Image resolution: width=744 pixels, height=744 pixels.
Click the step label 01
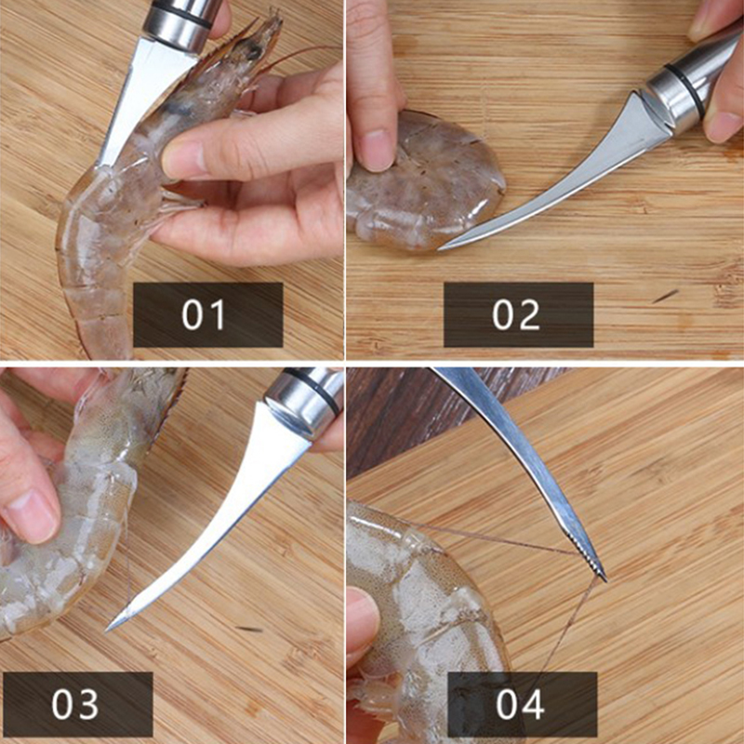203,315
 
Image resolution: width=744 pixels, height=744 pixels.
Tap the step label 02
516,315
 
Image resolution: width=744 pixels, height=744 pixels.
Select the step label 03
75,704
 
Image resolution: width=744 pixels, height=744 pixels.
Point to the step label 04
520,704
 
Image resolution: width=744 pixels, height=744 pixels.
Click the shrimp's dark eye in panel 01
253,50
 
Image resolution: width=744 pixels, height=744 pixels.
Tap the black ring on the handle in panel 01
181,13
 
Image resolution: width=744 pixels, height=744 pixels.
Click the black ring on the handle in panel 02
684,90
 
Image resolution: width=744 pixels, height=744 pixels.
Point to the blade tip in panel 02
440,248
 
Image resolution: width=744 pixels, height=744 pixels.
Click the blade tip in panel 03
107,630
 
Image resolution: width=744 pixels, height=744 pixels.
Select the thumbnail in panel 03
32,515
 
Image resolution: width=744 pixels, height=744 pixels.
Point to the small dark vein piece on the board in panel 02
665,297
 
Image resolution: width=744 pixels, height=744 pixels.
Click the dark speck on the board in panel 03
250,630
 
